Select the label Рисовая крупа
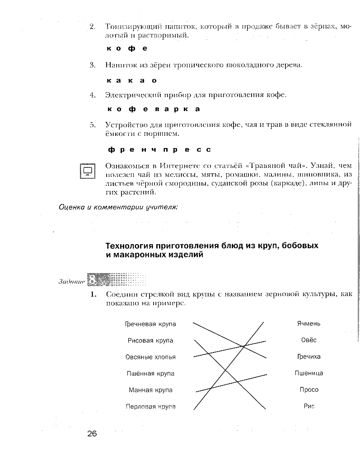click(150, 340)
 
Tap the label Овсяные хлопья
click(150, 357)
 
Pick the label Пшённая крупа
click(150, 373)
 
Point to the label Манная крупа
click(150, 390)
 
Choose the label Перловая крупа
click(150, 406)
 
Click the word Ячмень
click(309, 324)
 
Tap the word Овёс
click(309, 340)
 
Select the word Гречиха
click(309, 357)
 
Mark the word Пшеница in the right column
click(309, 373)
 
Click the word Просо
click(309, 390)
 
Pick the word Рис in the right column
click(309, 406)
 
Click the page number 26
click(92, 434)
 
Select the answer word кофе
click(127, 48)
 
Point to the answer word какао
click(132, 80)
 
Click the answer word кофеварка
click(154, 109)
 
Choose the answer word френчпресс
click(159, 149)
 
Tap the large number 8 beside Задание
click(93, 280)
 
